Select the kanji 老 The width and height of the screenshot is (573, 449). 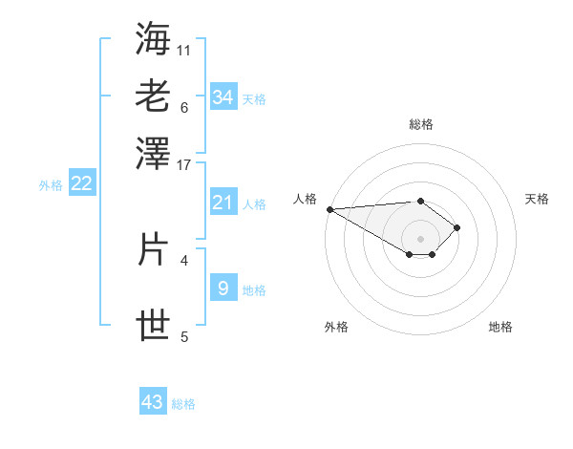tap(154, 96)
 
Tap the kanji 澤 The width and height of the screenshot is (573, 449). tap(154, 154)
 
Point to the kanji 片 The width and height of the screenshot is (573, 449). tap(154, 249)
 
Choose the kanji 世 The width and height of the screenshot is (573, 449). tap(154, 326)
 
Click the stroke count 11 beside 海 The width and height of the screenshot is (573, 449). tap(184, 49)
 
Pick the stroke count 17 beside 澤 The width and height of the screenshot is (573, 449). tap(184, 164)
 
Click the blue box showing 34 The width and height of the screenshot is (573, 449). tap(223, 96)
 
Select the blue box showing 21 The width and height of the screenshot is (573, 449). tap(223, 202)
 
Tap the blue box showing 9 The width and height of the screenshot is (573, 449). tap(223, 288)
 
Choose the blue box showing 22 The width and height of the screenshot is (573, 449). tap(81, 183)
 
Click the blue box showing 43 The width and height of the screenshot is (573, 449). tap(153, 402)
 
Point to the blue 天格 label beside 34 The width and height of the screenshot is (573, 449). tap(254, 99)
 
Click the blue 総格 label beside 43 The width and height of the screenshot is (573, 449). tap(183, 404)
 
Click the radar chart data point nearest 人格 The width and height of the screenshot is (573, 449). tap(329, 209)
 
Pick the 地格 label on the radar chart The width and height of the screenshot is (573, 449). tap(500, 327)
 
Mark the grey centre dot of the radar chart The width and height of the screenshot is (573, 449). tap(421, 238)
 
